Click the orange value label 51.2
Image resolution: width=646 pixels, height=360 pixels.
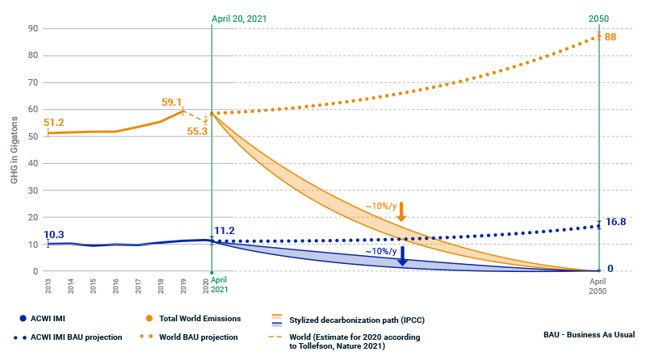(x=54, y=122)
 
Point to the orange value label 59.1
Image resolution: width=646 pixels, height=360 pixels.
(x=172, y=103)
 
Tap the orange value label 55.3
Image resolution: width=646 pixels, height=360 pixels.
(x=197, y=130)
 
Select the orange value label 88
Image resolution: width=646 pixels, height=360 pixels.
(x=610, y=37)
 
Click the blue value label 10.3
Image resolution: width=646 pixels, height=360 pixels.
(x=54, y=234)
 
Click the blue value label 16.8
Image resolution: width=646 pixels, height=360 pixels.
(x=617, y=221)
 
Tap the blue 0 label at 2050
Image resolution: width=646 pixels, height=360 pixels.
(x=610, y=269)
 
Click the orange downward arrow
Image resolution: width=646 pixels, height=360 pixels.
(x=401, y=211)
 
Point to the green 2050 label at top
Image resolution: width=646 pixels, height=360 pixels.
(x=598, y=16)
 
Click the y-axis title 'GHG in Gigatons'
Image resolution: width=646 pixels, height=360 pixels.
(x=15, y=149)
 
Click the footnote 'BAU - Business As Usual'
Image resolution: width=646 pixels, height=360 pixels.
(x=589, y=334)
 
